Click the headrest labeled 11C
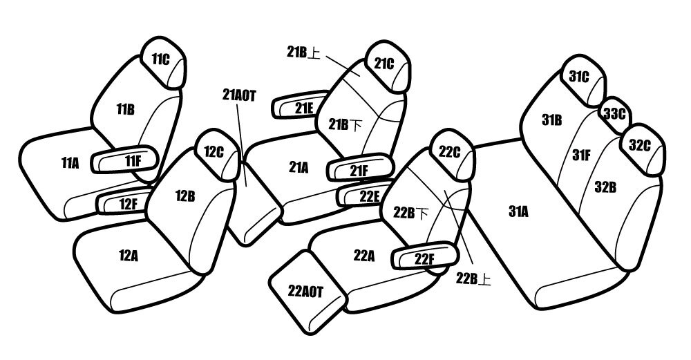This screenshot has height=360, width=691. [162, 63]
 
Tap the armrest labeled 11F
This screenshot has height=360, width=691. [124, 160]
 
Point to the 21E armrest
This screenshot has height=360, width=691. [301, 105]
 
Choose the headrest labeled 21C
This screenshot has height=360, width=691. [388, 66]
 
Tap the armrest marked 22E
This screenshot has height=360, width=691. [363, 194]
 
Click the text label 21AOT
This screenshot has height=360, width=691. [239, 95]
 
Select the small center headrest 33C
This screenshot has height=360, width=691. [615, 115]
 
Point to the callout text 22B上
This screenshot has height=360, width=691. [473, 279]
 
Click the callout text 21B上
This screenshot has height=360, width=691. [303, 52]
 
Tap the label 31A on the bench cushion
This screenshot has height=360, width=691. [518, 212]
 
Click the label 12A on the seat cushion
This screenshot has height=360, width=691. [129, 256]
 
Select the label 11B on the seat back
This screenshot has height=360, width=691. [126, 110]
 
